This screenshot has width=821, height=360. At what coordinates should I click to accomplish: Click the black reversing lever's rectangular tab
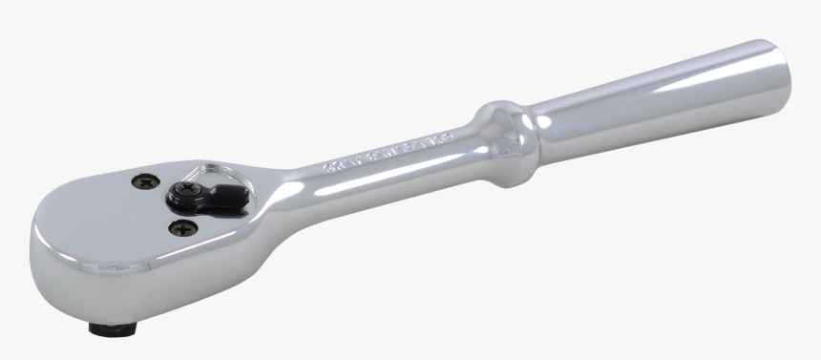(229, 197)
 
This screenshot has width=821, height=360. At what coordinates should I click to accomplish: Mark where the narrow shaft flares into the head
(286, 186)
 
